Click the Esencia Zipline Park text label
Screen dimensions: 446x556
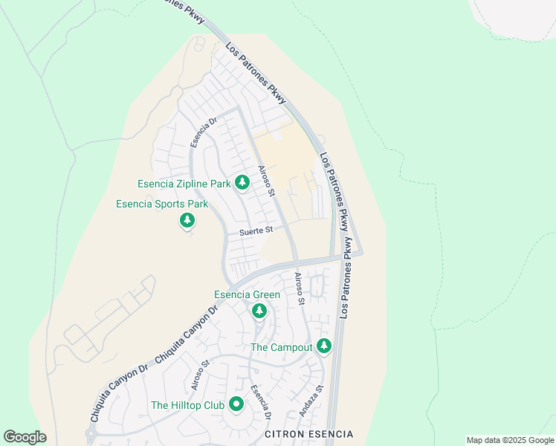click(x=184, y=184)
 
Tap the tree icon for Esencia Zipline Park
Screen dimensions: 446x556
click(x=242, y=182)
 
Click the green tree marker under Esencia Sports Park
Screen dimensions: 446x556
click(x=187, y=220)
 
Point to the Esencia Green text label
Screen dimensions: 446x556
click(x=247, y=295)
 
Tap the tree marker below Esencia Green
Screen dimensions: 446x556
click(x=259, y=311)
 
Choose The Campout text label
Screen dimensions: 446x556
click(x=281, y=347)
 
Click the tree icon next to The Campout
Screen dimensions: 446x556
click(x=323, y=346)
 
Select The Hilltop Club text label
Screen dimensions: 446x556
click(x=187, y=405)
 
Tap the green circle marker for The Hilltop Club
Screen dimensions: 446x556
click(x=236, y=404)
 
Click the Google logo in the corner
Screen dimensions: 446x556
click(x=25, y=436)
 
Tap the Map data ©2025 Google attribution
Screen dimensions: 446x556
click(x=510, y=440)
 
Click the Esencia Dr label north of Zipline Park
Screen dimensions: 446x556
click(x=201, y=132)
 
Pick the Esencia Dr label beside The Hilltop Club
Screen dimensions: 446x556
click(x=260, y=401)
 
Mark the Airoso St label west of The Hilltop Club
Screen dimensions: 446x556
click(x=198, y=375)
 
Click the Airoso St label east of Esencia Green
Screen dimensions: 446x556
click(x=299, y=289)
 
